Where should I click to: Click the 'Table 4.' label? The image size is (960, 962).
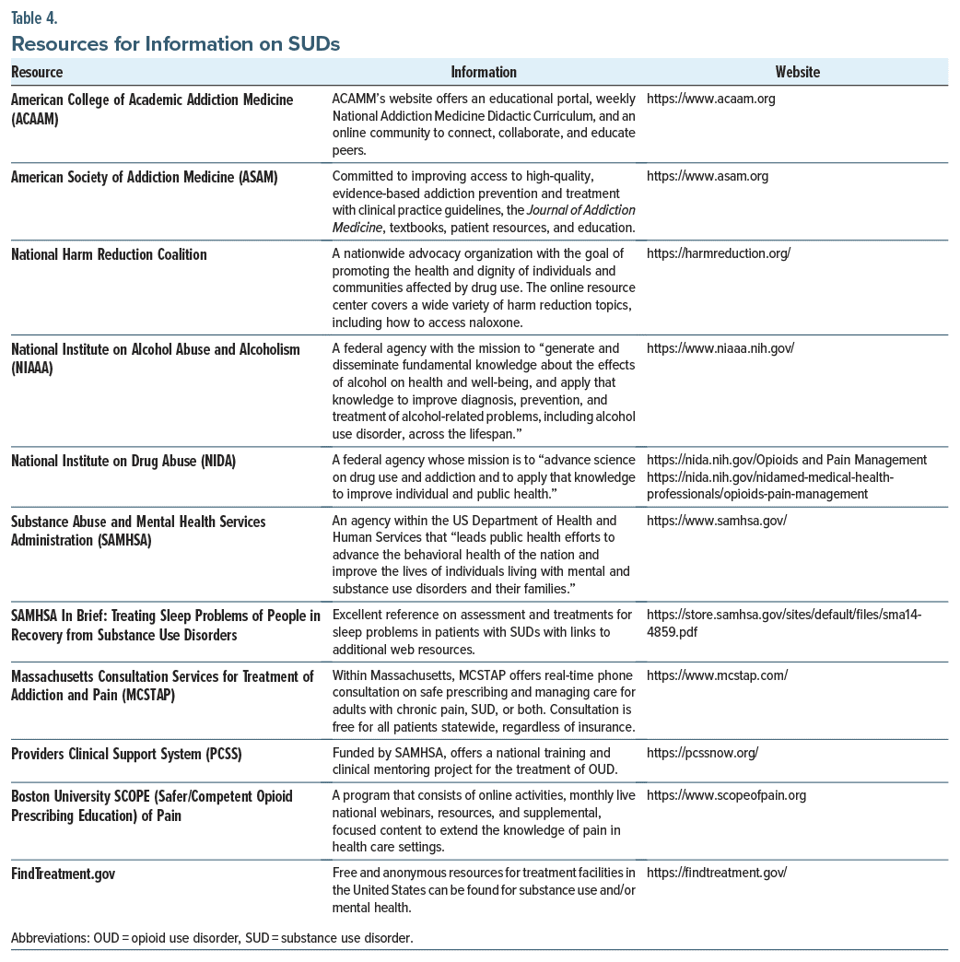click(35, 18)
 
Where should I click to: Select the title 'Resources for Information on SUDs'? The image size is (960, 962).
click(175, 43)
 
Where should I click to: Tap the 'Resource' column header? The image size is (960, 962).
click(37, 72)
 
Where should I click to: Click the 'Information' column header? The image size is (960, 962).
click(484, 72)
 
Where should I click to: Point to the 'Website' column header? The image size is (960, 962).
click(797, 72)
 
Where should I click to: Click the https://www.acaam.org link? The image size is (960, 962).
click(711, 100)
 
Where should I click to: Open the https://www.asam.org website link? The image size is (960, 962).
click(708, 176)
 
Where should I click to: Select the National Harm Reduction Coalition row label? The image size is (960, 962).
click(109, 254)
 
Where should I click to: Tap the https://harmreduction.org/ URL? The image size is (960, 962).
click(719, 254)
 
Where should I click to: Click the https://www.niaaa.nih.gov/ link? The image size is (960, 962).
click(720, 348)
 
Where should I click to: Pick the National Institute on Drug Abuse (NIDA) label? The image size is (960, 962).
click(123, 461)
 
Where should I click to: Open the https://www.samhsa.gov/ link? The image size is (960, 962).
click(717, 521)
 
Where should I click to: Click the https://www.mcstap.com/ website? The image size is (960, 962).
click(717, 675)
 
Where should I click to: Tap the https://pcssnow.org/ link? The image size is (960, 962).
click(702, 754)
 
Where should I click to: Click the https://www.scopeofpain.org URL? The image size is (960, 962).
click(727, 795)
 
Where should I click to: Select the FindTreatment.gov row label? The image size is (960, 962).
click(64, 873)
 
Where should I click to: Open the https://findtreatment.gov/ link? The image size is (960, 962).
click(717, 873)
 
